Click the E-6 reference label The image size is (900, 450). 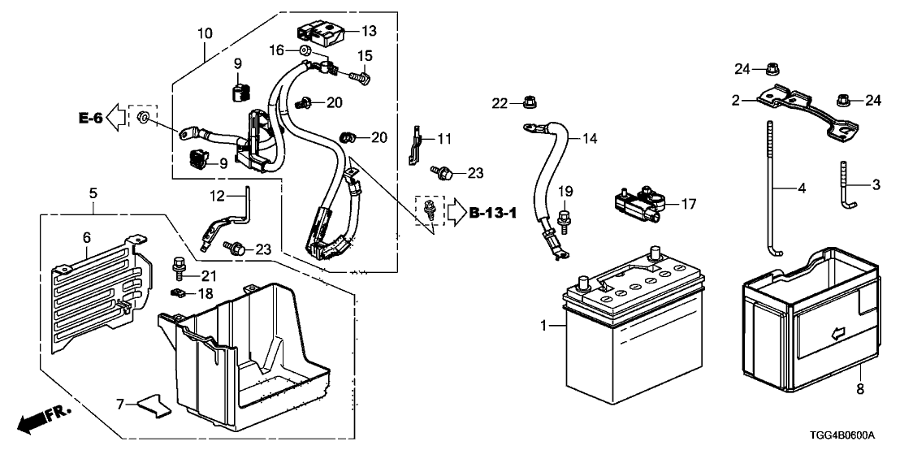tap(91, 119)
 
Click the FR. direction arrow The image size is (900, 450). tap(44, 419)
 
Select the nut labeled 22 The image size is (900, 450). tap(530, 102)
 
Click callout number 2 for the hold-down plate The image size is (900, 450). tap(735, 100)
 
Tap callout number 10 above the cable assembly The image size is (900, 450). tap(204, 34)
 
